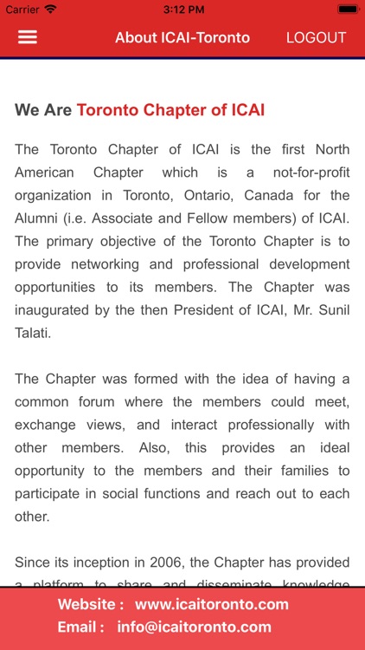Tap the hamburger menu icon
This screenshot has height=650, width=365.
pos(28,37)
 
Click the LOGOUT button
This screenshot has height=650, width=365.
pos(316,38)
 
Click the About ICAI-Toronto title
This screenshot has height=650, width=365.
pos(182,38)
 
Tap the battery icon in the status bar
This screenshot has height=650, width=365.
pos(348,9)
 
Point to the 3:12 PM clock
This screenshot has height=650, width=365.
pos(182,9)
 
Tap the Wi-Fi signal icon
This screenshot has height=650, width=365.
pos(50,9)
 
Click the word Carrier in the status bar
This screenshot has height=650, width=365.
pos(22,9)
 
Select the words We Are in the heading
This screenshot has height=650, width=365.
pos(43,110)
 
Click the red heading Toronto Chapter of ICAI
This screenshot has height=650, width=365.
pos(170,110)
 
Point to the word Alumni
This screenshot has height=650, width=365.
pos(39,218)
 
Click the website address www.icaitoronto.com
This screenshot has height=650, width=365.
pos(211,604)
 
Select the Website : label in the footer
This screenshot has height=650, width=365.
pos(91,604)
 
